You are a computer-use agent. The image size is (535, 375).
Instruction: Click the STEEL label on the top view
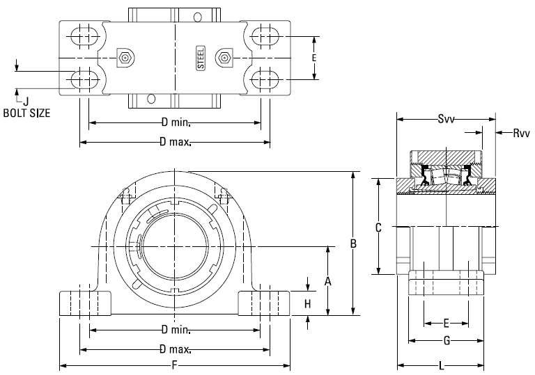click(x=201, y=58)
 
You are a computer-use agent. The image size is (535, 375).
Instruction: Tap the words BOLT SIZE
click(x=26, y=113)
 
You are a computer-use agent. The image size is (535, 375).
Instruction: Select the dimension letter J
click(x=26, y=101)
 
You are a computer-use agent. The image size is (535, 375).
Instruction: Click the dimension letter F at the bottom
click(x=175, y=366)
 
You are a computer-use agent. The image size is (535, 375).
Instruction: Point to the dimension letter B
click(x=353, y=244)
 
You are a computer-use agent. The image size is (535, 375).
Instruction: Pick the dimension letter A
click(x=327, y=281)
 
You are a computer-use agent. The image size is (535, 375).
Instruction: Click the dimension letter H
click(x=308, y=304)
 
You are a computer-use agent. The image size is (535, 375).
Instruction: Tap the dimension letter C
click(x=378, y=228)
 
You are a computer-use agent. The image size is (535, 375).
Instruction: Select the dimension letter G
click(x=447, y=340)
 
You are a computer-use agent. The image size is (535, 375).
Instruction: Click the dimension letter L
click(x=442, y=366)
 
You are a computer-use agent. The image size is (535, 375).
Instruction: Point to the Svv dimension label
click(x=447, y=120)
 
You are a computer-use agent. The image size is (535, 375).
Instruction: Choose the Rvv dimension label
click(x=521, y=133)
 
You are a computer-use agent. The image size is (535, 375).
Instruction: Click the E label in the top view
click(x=314, y=58)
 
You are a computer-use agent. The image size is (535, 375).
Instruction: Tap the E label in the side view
click(x=447, y=324)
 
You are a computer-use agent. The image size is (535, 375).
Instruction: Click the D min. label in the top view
click(x=176, y=122)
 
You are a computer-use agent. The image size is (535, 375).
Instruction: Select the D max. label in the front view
click(x=175, y=349)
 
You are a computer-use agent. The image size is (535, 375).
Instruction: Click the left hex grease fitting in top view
click(x=125, y=58)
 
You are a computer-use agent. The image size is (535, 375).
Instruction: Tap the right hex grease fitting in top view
click(x=224, y=58)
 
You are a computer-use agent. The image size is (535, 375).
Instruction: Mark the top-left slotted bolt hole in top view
click(x=84, y=35)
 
